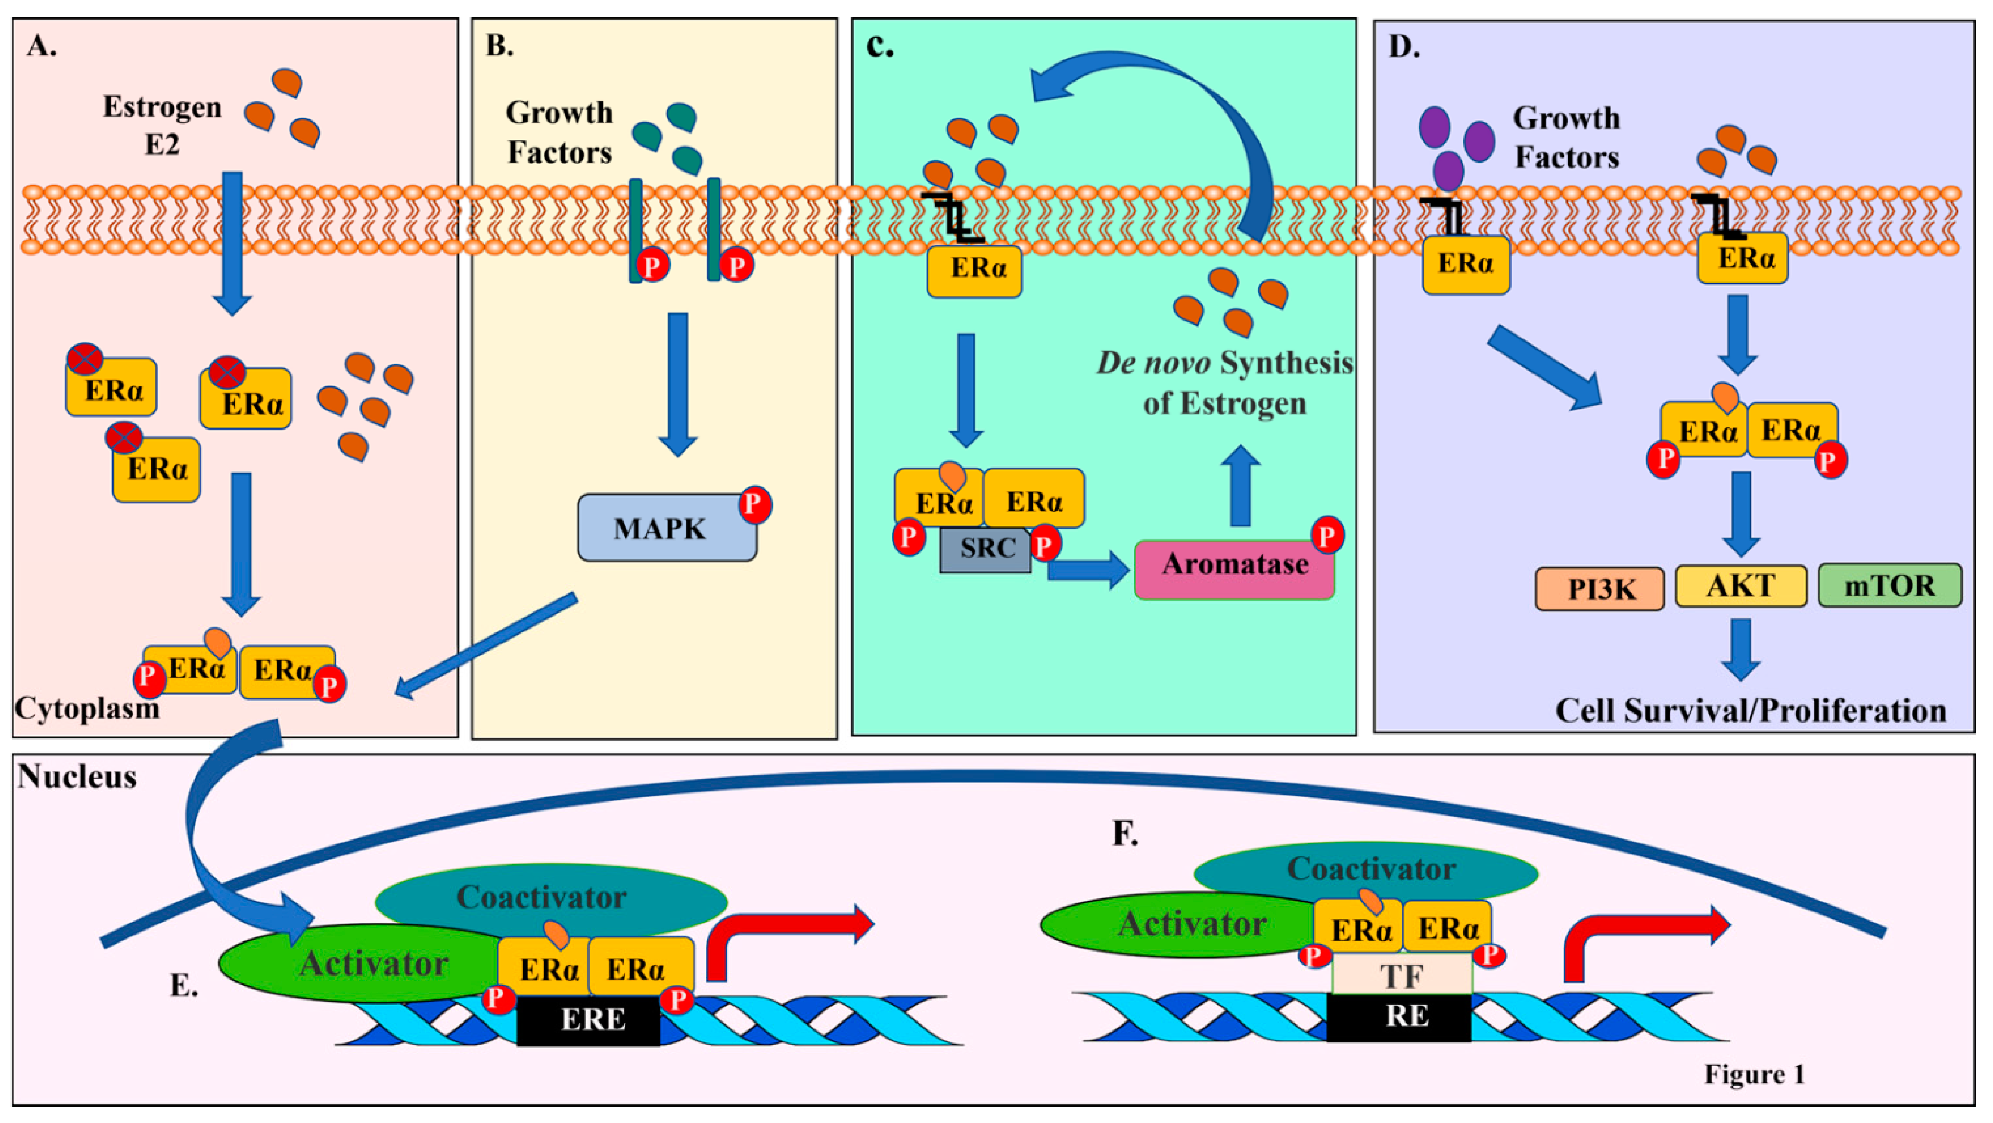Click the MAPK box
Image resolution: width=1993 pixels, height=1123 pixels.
tap(666, 528)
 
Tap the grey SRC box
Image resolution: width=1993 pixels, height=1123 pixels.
tap(986, 550)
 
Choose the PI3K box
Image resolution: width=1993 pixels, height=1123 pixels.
tap(1599, 589)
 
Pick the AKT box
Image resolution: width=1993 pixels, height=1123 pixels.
tap(1741, 586)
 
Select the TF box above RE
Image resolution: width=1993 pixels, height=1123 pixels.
tap(1402, 975)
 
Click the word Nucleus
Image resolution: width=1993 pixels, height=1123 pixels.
tap(77, 776)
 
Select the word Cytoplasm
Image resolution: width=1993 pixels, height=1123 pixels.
tap(87, 708)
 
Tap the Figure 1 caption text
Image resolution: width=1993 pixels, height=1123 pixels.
tap(1754, 1074)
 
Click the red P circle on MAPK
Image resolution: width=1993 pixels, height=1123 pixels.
tap(754, 504)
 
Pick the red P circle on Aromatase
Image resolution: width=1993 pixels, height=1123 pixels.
tap(1327, 535)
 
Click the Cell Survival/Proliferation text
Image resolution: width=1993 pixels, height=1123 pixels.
tap(1750, 711)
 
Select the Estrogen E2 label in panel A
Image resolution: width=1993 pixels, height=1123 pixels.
tap(162, 125)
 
